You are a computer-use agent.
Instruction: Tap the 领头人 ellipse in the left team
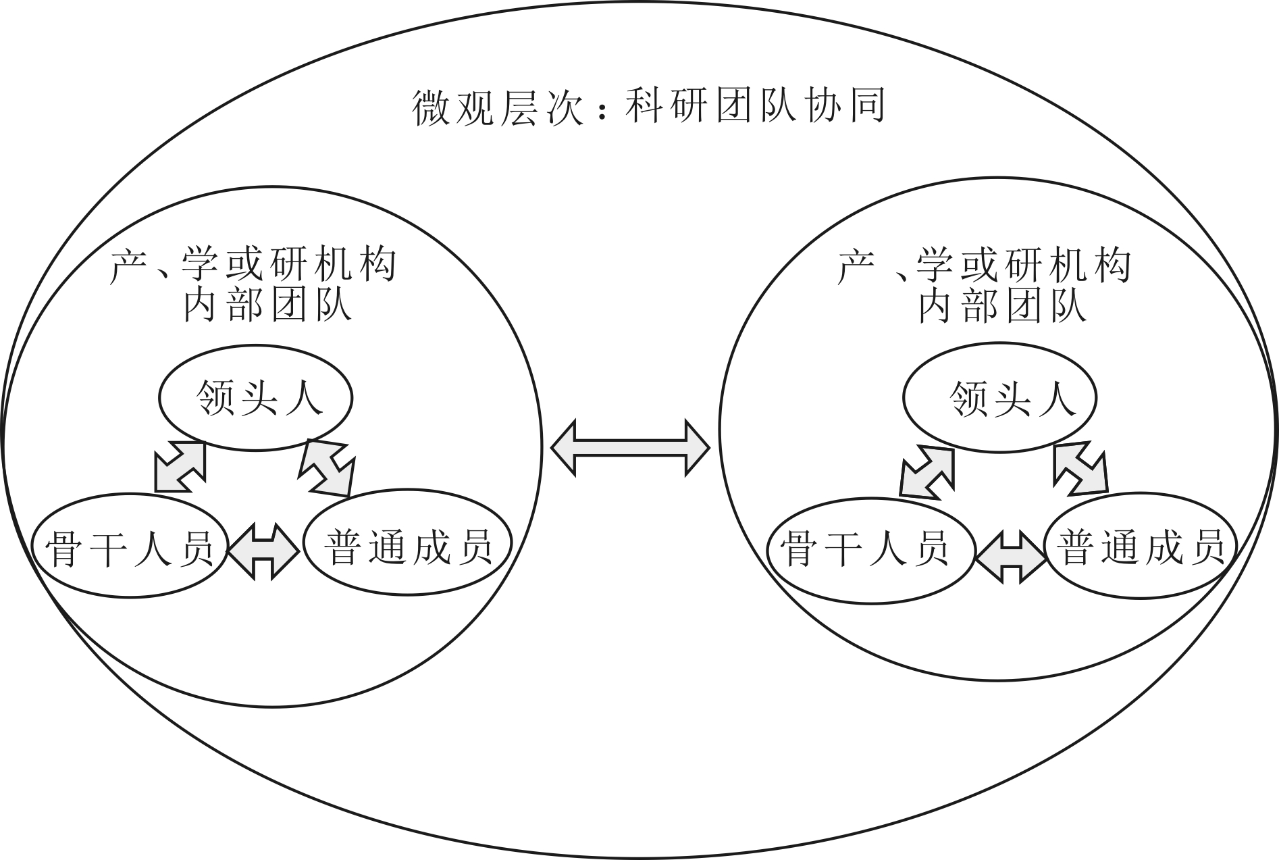coord(256,398)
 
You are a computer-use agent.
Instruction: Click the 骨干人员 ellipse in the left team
coord(129,547)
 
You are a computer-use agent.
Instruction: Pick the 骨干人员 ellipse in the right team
coord(870,548)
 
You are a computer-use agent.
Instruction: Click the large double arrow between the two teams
coord(631,447)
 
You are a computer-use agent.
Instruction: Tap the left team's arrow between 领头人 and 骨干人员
coord(180,467)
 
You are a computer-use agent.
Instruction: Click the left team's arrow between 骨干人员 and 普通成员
coord(263,551)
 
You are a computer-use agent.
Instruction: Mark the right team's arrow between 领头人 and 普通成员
coord(1080,467)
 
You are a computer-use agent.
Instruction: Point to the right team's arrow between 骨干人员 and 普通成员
coord(1011,555)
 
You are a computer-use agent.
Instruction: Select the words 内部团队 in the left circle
coord(268,306)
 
